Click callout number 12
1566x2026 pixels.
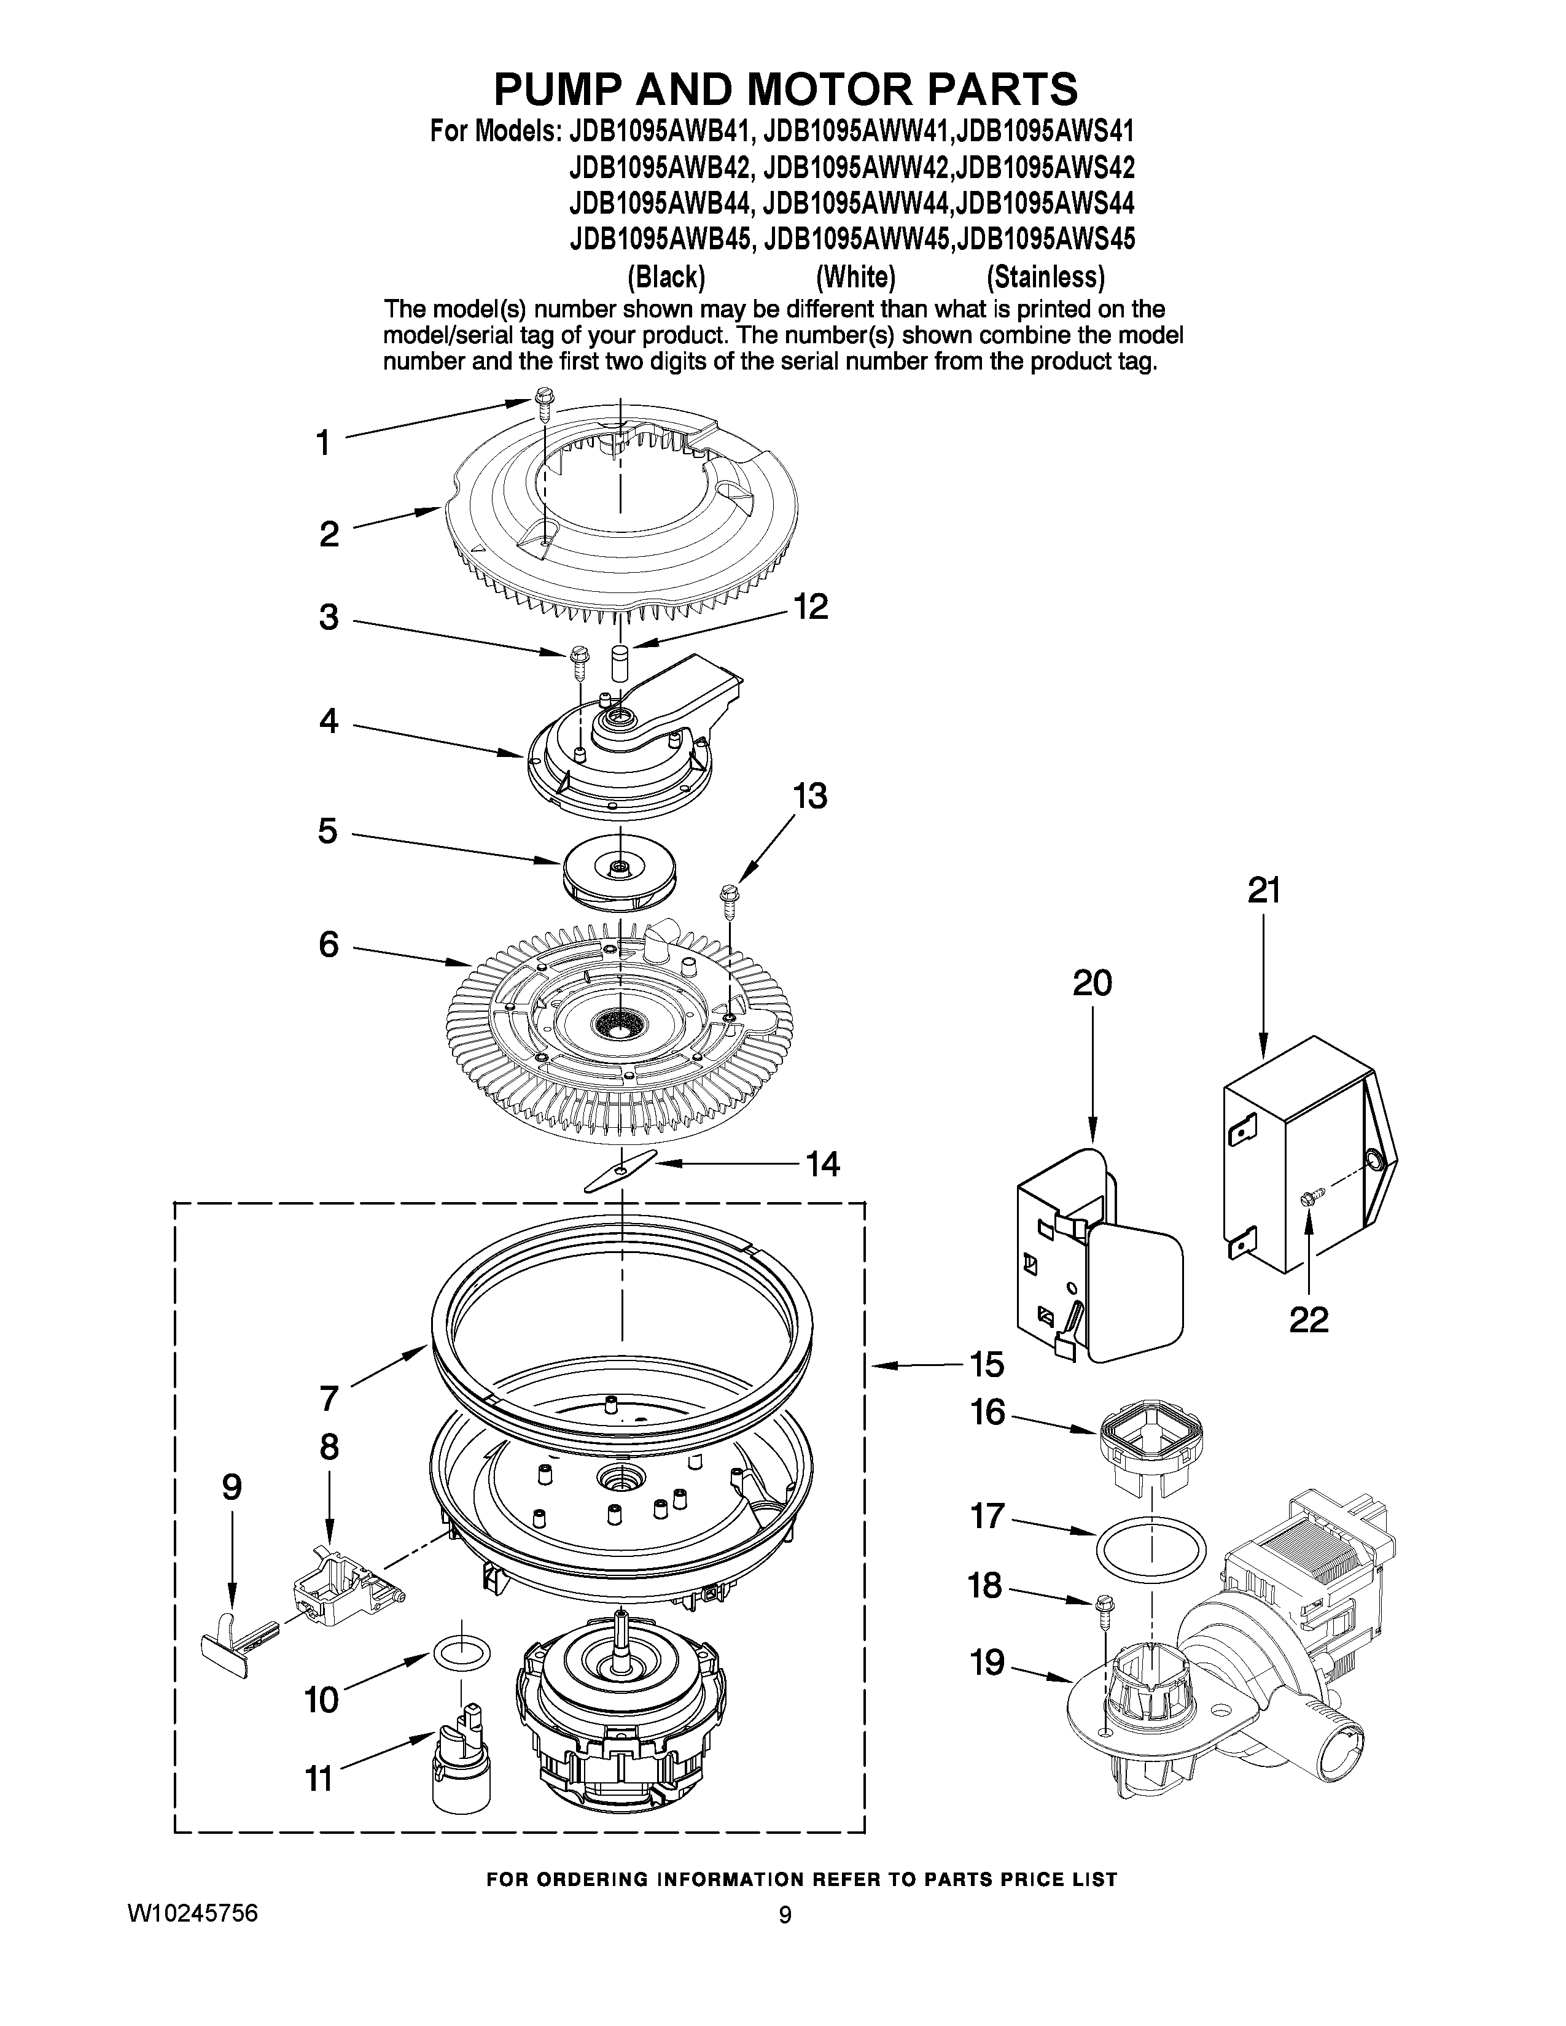coord(810,608)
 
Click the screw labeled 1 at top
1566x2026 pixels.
coord(543,405)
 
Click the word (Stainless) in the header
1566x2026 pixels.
coord(1046,276)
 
